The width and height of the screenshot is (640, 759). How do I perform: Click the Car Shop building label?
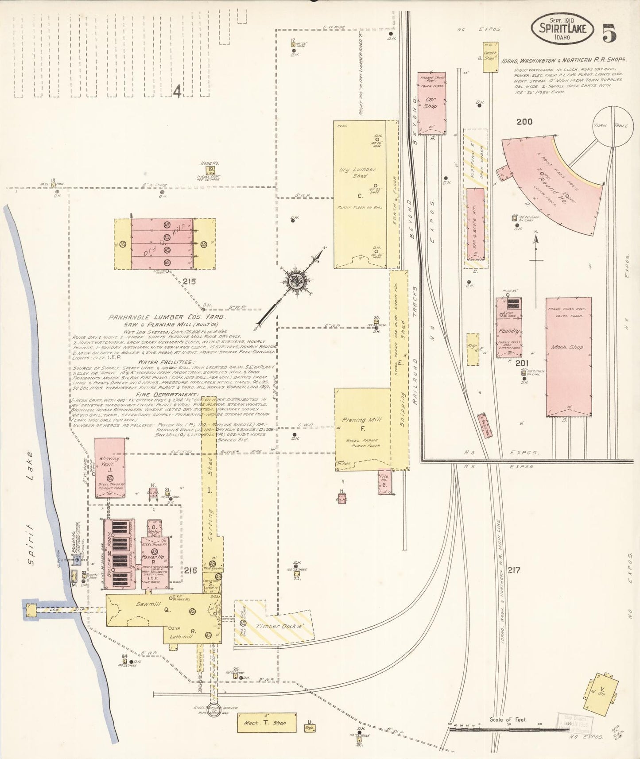click(x=431, y=103)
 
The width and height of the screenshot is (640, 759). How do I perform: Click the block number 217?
click(x=514, y=570)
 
